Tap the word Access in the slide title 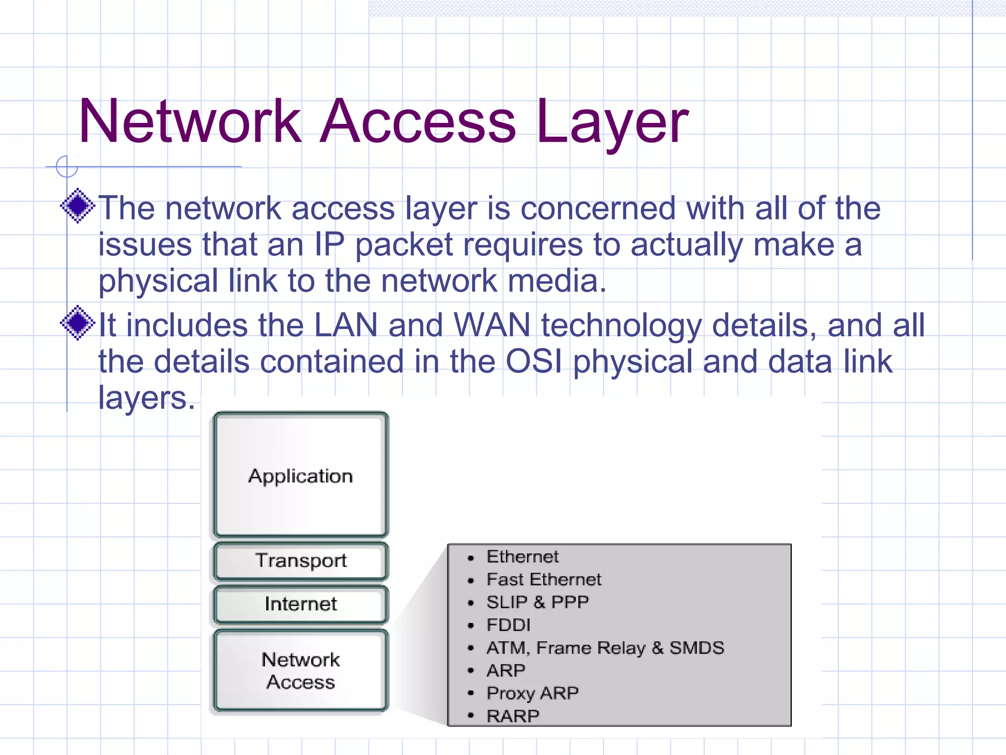pos(418,122)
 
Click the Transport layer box pos(301,561)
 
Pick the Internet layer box pos(301,604)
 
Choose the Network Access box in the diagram pos(301,670)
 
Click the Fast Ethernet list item pos(543,580)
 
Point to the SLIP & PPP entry pos(537,602)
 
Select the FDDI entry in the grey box pos(508,625)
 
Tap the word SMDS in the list pos(697,648)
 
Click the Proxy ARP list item pos(532,693)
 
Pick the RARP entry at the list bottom pos(513,716)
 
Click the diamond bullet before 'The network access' pos(78,206)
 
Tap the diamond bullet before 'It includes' pos(78,323)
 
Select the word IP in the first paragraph pos(329,245)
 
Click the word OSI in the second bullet pos(534,362)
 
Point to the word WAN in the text pos(492,325)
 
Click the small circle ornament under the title pos(67,167)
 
